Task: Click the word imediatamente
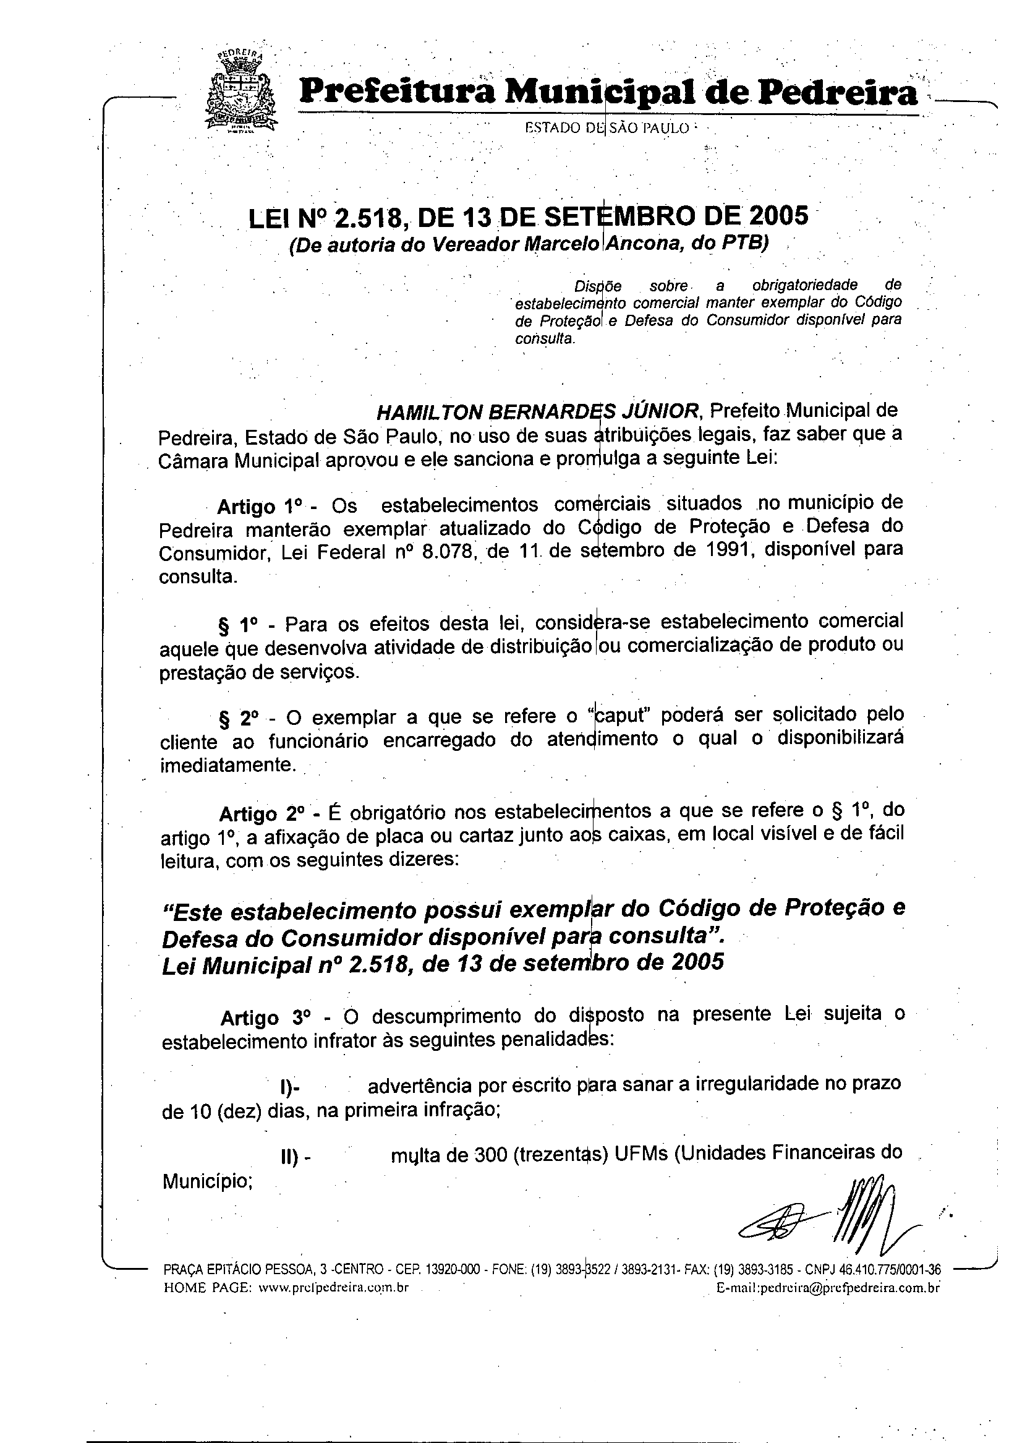pos(227,764)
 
